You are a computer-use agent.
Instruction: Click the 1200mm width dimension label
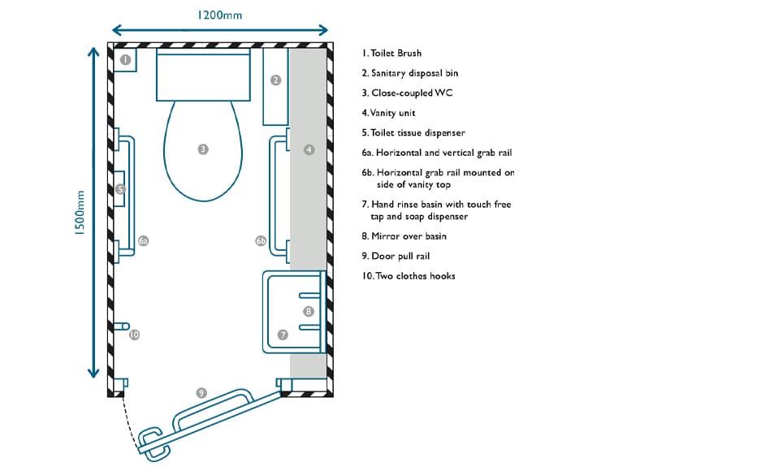coord(219,15)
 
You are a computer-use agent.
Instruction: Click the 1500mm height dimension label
coord(80,212)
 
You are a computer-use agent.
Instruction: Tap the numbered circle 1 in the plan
coord(125,60)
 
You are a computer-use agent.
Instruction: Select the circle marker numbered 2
coord(276,80)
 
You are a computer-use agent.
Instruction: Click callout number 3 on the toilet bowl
coord(203,149)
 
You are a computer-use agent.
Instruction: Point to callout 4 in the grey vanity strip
coord(309,149)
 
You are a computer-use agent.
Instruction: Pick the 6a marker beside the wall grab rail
coord(143,241)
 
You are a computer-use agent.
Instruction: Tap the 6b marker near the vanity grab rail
coord(261,241)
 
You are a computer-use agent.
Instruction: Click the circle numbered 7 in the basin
coord(283,335)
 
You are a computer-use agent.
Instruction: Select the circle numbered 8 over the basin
coord(309,311)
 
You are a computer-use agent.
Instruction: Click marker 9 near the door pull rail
coord(201,393)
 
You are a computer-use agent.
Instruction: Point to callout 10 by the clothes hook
coord(134,335)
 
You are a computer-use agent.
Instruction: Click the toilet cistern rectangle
coord(203,75)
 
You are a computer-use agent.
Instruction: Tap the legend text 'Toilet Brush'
coord(396,54)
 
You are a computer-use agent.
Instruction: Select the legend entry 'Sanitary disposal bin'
coord(415,74)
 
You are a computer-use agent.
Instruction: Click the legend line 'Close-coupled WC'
coord(412,93)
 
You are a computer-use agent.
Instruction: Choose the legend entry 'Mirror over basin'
coord(409,236)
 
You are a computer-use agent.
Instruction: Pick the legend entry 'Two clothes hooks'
coord(416,276)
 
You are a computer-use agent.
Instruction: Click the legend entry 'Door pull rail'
coord(400,257)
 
